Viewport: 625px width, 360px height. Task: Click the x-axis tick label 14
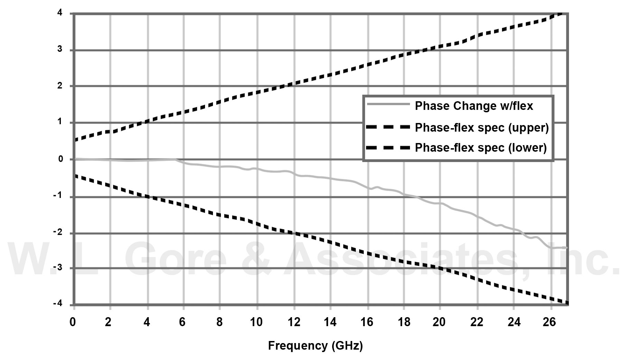click(x=330, y=322)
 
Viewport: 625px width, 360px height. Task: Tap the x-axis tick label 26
click(x=549, y=322)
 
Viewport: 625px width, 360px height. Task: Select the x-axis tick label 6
click(x=182, y=322)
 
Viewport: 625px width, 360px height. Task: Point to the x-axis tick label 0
click(x=73, y=322)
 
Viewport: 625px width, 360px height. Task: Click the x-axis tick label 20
click(x=439, y=322)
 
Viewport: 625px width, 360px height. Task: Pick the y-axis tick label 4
click(x=60, y=13)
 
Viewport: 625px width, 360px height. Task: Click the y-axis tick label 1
click(x=60, y=122)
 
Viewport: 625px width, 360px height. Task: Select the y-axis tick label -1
click(x=58, y=195)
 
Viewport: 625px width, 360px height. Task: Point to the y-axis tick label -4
click(x=58, y=303)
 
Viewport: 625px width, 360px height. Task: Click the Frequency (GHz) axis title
click(x=315, y=345)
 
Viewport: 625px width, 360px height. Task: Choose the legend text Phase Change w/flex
click(x=474, y=106)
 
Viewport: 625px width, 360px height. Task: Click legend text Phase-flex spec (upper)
click(x=482, y=127)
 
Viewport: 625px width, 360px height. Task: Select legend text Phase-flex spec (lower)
click(x=481, y=148)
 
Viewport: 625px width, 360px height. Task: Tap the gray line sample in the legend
click(x=388, y=104)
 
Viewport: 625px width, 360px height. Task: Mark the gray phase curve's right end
click(x=566, y=248)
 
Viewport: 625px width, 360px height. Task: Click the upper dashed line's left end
click(x=75, y=140)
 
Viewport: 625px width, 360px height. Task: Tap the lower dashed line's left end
click(x=75, y=176)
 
